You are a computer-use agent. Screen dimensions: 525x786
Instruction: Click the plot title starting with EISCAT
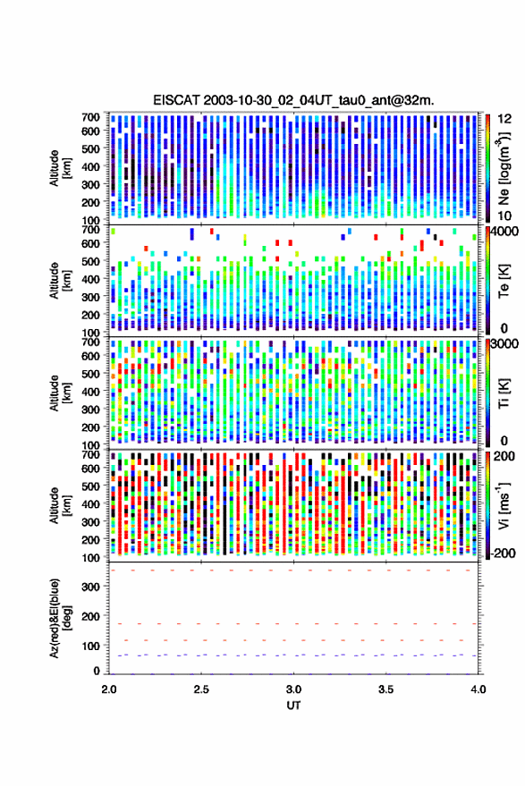[x=293, y=100]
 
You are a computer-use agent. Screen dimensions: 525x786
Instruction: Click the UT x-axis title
[x=293, y=706]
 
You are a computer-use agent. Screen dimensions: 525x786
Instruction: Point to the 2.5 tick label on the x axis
[x=201, y=689]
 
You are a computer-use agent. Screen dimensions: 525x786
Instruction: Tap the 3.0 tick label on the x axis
[x=294, y=689]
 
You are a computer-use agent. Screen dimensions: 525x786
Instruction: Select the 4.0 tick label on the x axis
[x=478, y=689]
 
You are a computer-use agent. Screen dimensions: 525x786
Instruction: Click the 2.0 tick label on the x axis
[x=109, y=689]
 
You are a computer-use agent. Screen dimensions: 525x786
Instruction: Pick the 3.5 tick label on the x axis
[x=385, y=689]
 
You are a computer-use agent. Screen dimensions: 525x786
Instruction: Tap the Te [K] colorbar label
[x=504, y=281]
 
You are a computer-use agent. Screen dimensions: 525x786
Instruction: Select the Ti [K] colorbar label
[x=504, y=393]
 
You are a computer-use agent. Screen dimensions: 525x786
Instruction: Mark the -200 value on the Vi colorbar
[x=502, y=553]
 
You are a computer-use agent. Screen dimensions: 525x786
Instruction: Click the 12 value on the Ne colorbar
[x=504, y=119]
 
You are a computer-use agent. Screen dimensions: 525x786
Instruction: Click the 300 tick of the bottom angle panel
[x=90, y=587]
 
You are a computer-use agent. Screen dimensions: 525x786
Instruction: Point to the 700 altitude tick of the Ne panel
[x=90, y=117]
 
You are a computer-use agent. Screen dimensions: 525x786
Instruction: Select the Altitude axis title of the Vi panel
[x=60, y=505]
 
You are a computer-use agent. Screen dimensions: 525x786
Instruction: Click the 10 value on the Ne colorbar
[x=504, y=216]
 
